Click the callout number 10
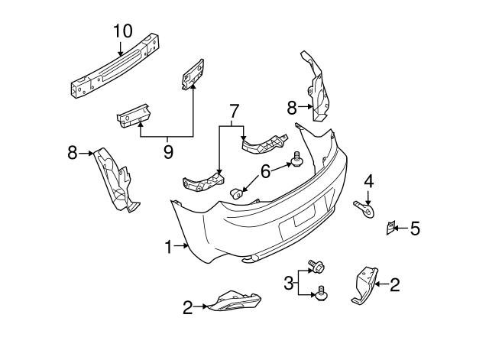[x=123, y=31]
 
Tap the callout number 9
[x=168, y=152]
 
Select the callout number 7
[x=234, y=112]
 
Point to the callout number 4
[x=368, y=182]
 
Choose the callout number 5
[x=415, y=228]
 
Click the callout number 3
[x=290, y=283]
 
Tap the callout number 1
[x=169, y=246]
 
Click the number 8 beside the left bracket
[x=73, y=153]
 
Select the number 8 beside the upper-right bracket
[x=291, y=108]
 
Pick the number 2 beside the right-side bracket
[x=394, y=286]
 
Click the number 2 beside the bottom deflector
[x=187, y=307]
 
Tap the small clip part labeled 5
[x=390, y=227]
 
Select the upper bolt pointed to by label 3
[x=316, y=266]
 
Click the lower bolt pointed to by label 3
[x=322, y=292]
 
